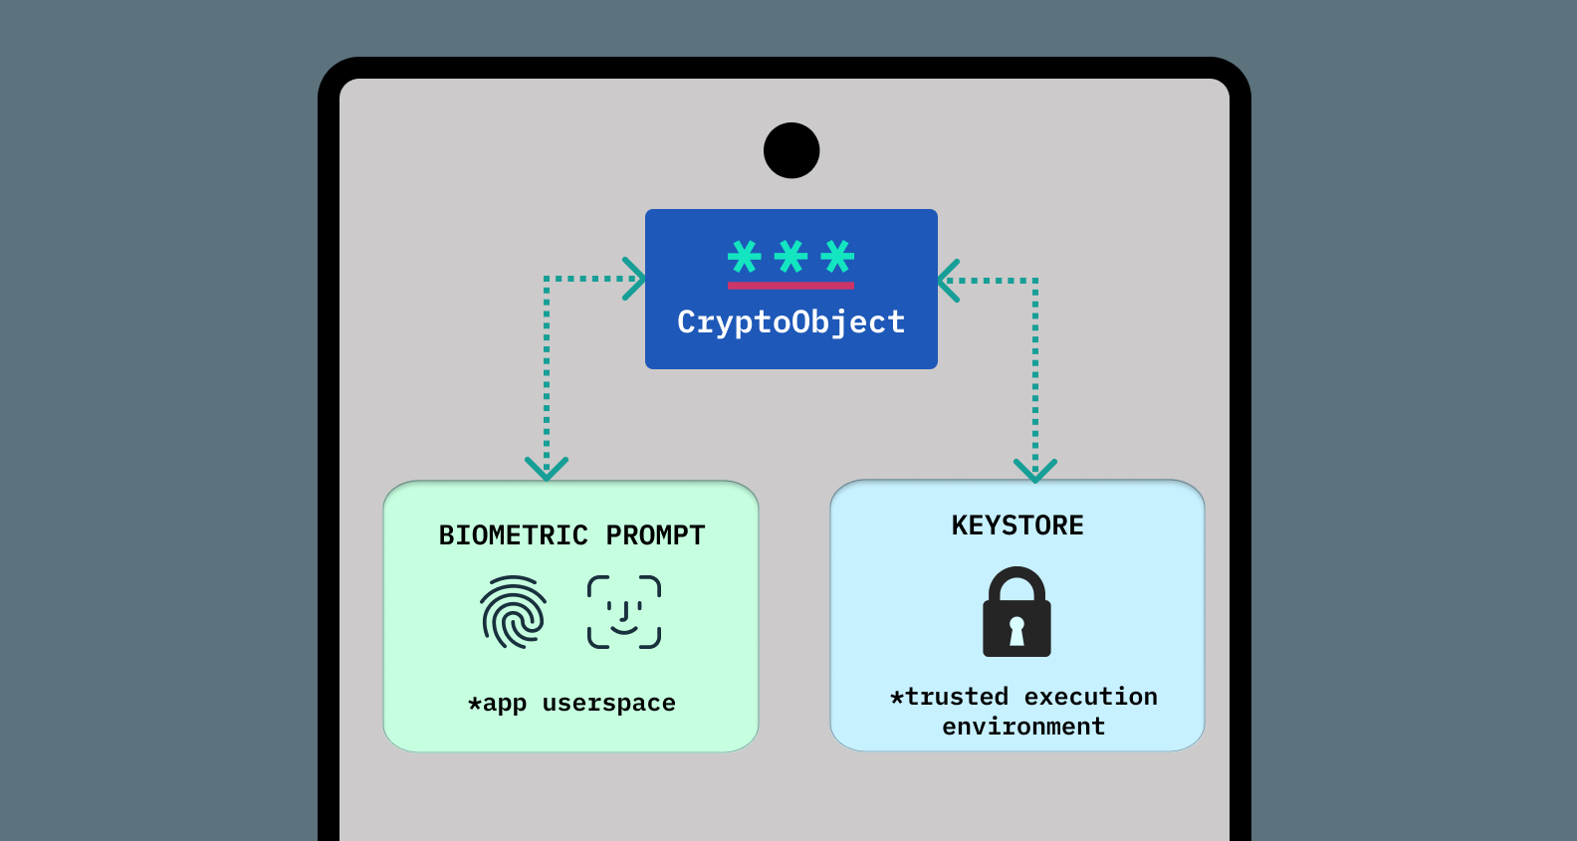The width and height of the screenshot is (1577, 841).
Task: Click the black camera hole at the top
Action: coord(791,150)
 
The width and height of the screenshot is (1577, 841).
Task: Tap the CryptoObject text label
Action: coord(791,322)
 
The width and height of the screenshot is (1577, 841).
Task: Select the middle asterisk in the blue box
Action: coord(791,257)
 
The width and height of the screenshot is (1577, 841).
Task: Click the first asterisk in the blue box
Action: coord(745,257)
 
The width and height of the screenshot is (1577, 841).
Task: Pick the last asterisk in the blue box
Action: coord(838,257)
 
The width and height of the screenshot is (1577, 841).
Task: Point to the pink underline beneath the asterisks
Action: coord(791,286)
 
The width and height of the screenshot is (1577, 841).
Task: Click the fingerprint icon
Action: coord(514,612)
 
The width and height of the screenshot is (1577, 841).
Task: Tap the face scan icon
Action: coord(624,612)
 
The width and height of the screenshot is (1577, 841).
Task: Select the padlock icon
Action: coord(1016,612)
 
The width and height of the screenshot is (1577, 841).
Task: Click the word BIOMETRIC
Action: coord(514,535)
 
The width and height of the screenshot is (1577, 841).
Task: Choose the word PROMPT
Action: coord(655,535)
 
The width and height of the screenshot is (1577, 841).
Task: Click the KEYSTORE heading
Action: coord(1017,526)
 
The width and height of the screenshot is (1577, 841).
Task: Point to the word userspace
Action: coord(609,704)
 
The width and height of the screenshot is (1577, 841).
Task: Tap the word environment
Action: coord(1023,727)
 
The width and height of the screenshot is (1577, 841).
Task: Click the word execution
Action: coord(1091,697)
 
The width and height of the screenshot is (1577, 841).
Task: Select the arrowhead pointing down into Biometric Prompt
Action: coord(547,468)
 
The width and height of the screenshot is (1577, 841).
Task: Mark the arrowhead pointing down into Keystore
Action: coord(1035,470)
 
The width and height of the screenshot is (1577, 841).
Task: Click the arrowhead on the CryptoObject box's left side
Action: coord(635,279)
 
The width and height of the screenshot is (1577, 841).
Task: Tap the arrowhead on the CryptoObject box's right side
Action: coord(949,281)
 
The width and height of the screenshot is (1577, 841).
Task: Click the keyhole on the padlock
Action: coord(1016,630)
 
